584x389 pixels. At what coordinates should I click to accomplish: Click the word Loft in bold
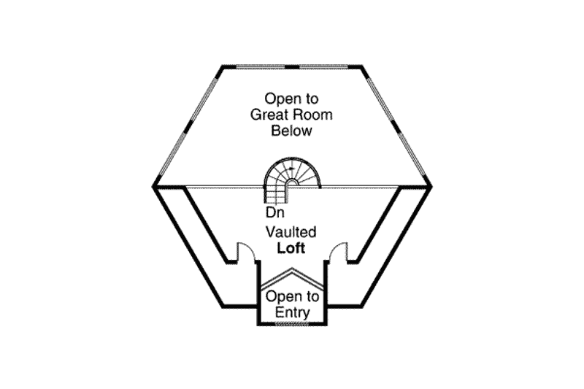(291, 248)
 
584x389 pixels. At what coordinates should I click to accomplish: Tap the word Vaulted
(291, 232)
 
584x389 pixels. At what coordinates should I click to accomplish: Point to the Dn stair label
(275, 212)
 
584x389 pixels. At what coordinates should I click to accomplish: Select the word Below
(291, 131)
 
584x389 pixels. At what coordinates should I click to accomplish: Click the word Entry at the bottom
(293, 312)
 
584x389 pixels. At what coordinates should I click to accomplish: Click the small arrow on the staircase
(291, 169)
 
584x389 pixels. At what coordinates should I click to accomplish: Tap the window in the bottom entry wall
(292, 324)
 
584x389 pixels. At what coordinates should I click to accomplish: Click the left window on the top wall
(261, 67)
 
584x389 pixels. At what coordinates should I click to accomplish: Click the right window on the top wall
(323, 67)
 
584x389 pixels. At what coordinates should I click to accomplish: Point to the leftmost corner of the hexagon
(153, 186)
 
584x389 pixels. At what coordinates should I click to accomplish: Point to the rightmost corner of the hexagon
(431, 186)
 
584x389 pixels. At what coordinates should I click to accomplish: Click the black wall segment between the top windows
(293, 67)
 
